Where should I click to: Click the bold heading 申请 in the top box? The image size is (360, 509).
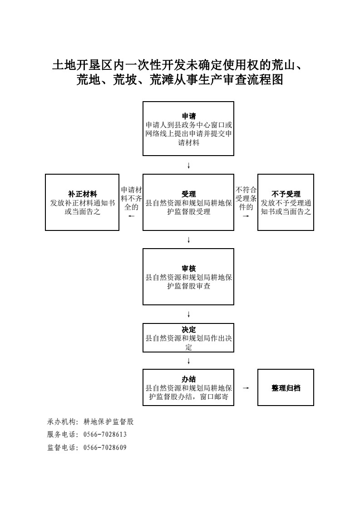tap(188, 116)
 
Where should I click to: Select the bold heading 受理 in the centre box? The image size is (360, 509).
tap(188, 194)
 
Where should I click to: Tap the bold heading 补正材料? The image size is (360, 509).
tap(82, 194)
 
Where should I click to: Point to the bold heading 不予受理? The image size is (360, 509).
tap(286, 194)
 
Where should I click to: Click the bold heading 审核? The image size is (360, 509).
tap(188, 269)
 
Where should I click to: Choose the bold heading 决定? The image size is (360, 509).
tap(188, 329)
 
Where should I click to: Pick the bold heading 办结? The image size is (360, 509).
tap(188, 379)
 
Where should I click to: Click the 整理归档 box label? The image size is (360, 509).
tap(286, 388)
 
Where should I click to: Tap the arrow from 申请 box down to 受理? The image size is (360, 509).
tap(188, 166)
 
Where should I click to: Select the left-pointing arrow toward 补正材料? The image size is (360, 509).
tap(131, 216)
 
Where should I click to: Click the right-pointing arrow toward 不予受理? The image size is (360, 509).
tap(246, 216)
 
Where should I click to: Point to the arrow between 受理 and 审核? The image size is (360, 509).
tap(188, 240)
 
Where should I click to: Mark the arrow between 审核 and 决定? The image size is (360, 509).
tap(188, 314)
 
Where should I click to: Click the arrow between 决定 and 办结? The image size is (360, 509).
tap(188, 361)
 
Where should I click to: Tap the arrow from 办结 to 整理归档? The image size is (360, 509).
tap(246, 388)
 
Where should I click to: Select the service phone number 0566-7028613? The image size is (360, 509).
tap(105, 435)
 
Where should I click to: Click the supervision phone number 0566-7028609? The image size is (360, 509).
tap(105, 448)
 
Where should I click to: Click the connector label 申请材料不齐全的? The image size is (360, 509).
tap(131, 198)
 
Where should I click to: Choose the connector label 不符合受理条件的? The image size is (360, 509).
tap(246, 198)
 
